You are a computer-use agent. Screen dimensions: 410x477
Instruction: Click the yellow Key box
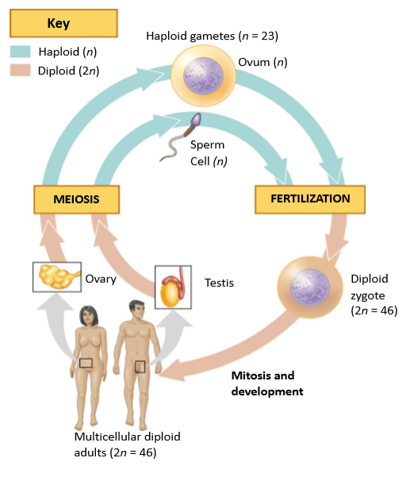coord(63,24)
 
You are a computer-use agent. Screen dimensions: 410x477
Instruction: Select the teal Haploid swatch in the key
coord(21,52)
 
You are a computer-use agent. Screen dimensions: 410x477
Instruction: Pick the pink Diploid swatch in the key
coord(21,70)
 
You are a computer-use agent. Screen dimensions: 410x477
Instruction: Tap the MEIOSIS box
coord(76,199)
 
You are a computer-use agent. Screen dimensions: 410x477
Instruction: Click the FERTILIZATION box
coord(310,199)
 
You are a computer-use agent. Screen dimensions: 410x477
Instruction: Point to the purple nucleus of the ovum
coord(203,76)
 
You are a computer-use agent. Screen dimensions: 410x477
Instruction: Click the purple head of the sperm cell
coord(197,120)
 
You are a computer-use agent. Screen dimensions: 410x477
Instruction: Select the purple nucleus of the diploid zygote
coord(310,287)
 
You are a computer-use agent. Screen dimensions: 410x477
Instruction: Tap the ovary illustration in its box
coord(58,277)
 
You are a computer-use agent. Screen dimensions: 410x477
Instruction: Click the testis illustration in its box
coord(173,287)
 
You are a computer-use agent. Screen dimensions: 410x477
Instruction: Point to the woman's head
coord(89,316)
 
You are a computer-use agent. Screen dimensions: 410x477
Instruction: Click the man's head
coord(136,311)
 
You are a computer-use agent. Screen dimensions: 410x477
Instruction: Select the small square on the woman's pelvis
coord(86,363)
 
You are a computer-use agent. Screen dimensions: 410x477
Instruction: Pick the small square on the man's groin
coord(140,367)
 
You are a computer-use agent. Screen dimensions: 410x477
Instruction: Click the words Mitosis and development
coord(267,384)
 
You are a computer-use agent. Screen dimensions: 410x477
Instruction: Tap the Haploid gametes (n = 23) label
coord(213,36)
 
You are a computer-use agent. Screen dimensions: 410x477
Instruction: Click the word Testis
coord(219,283)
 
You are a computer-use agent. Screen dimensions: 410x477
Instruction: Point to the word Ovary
coord(101,279)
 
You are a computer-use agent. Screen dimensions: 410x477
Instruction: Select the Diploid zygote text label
coord(374,295)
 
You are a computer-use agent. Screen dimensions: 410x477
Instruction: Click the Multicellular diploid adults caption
coord(127,445)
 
